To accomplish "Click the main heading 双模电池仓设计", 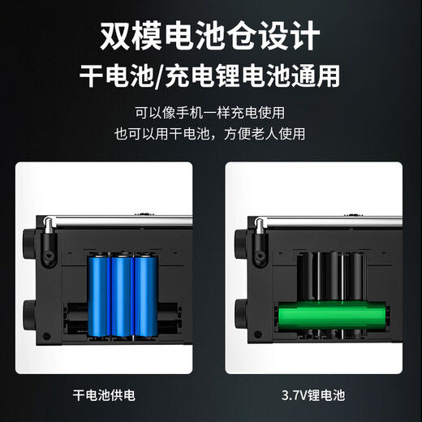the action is pyautogui.click(x=210, y=36).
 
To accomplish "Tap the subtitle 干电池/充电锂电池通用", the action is pyautogui.click(x=210, y=75).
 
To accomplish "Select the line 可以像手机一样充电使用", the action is pyautogui.click(x=210, y=113).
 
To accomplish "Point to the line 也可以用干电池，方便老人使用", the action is pyautogui.click(x=210, y=134).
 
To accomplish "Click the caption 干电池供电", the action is pyautogui.click(x=104, y=395).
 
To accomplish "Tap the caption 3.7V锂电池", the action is pyautogui.click(x=313, y=395).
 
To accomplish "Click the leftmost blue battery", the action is pyautogui.click(x=99, y=295).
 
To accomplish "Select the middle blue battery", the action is pyautogui.click(x=123, y=295).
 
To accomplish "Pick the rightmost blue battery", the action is pyautogui.click(x=146, y=295).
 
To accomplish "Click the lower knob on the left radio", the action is pyautogui.click(x=29, y=315).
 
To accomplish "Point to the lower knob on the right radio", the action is pyautogui.click(x=240, y=315).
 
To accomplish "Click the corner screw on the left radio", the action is pyautogui.click(x=47, y=336).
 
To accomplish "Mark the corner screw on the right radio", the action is pyautogui.click(x=258, y=334).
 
